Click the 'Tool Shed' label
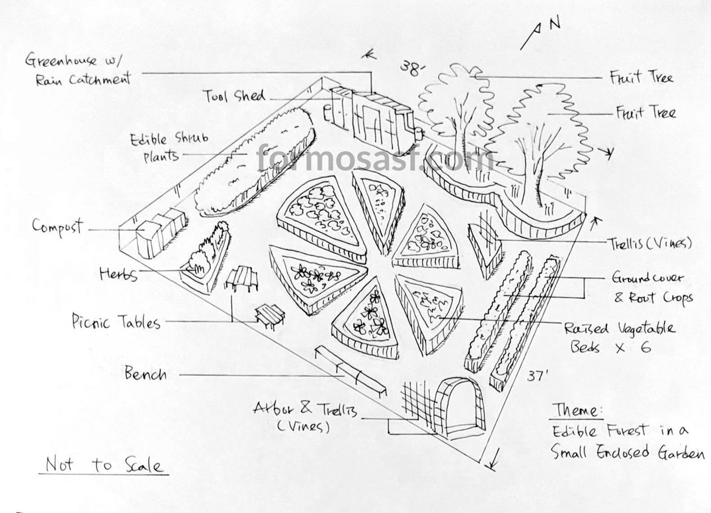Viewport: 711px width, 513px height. click(234, 96)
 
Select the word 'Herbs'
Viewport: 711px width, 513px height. click(118, 273)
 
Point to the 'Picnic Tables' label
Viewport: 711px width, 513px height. click(116, 322)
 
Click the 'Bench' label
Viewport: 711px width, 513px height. click(145, 374)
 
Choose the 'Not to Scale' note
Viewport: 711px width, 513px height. click(104, 464)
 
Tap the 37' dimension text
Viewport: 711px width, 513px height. click(537, 375)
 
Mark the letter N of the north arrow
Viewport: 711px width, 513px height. click(555, 23)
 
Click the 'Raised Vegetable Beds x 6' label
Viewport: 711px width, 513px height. click(619, 337)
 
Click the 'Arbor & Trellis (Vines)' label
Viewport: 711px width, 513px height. click(305, 416)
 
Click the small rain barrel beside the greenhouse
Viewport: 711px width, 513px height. click(419, 132)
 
